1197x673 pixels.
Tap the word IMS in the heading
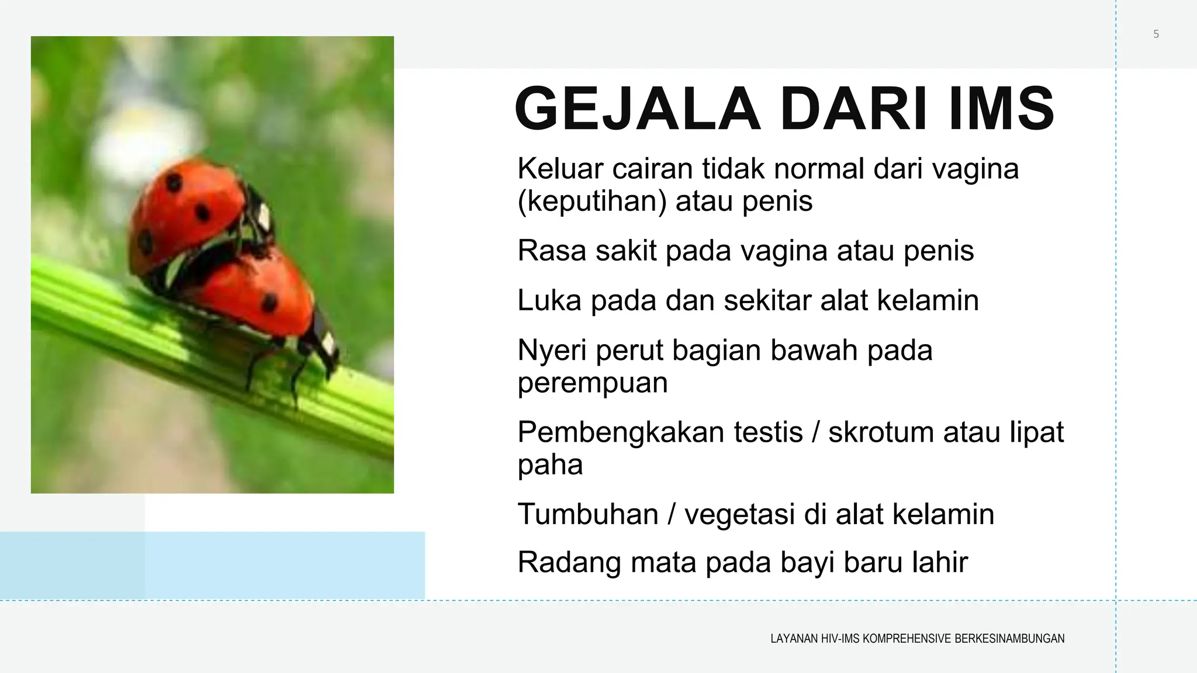(x=1001, y=109)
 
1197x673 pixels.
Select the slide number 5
(x=1156, y=34)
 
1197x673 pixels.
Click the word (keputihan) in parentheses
(x=592, y=202)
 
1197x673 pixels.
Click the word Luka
(x=549, y=300)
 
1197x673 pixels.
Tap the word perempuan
(x=592, y=383)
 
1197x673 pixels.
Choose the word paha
(x=550, y=466)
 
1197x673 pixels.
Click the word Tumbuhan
(x=588, y=515)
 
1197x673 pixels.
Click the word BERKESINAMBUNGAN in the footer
(x=1009, y=639)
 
